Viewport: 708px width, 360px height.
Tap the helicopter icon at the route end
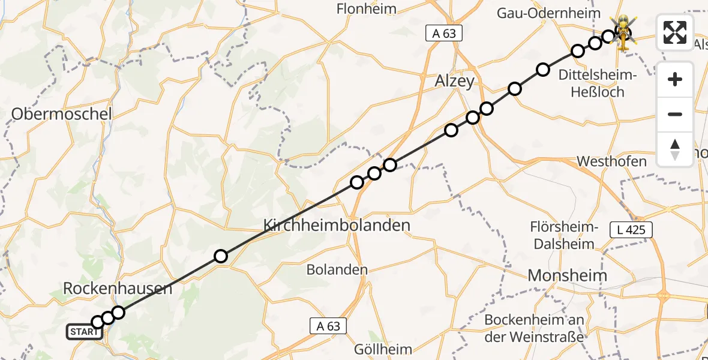(624, 31)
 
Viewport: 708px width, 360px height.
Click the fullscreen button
(675, 32)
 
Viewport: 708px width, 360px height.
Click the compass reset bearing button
(675, 149)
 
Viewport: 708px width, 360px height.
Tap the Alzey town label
(455, 82)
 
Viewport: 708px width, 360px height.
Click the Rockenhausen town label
(118, 289)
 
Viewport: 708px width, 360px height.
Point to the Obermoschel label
(62, 113)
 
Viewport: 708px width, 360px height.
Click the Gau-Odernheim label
(548, 13)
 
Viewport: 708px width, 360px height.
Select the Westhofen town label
(611, 161)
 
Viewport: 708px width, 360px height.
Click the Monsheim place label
(567, 275)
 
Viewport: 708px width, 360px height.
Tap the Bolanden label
(337, 270)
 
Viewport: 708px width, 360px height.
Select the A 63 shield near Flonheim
(444, 34)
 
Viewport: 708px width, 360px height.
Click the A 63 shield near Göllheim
(329, 326)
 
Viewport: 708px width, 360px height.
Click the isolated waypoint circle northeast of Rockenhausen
(221, 256)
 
